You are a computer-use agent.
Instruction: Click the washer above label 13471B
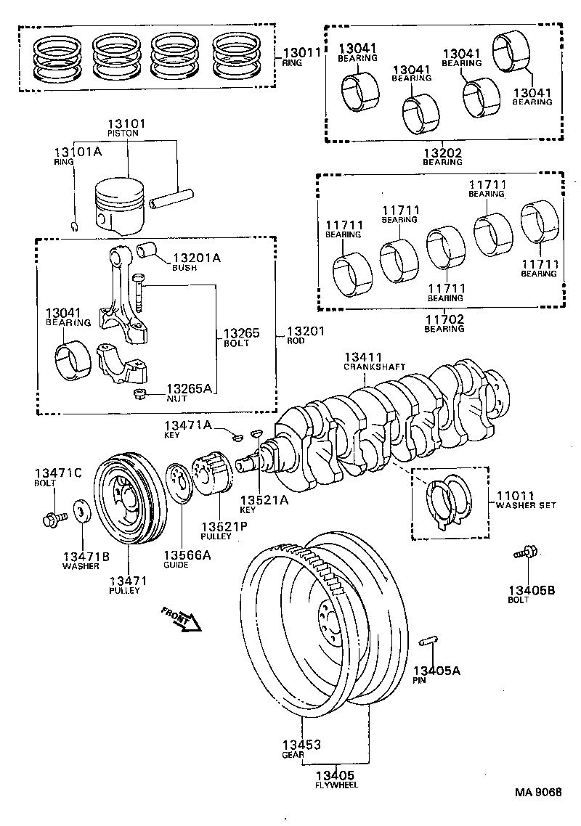81,511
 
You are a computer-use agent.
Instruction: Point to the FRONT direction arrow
182,621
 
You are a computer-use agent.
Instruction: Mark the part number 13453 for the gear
302,745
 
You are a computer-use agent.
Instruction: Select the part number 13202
443,152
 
